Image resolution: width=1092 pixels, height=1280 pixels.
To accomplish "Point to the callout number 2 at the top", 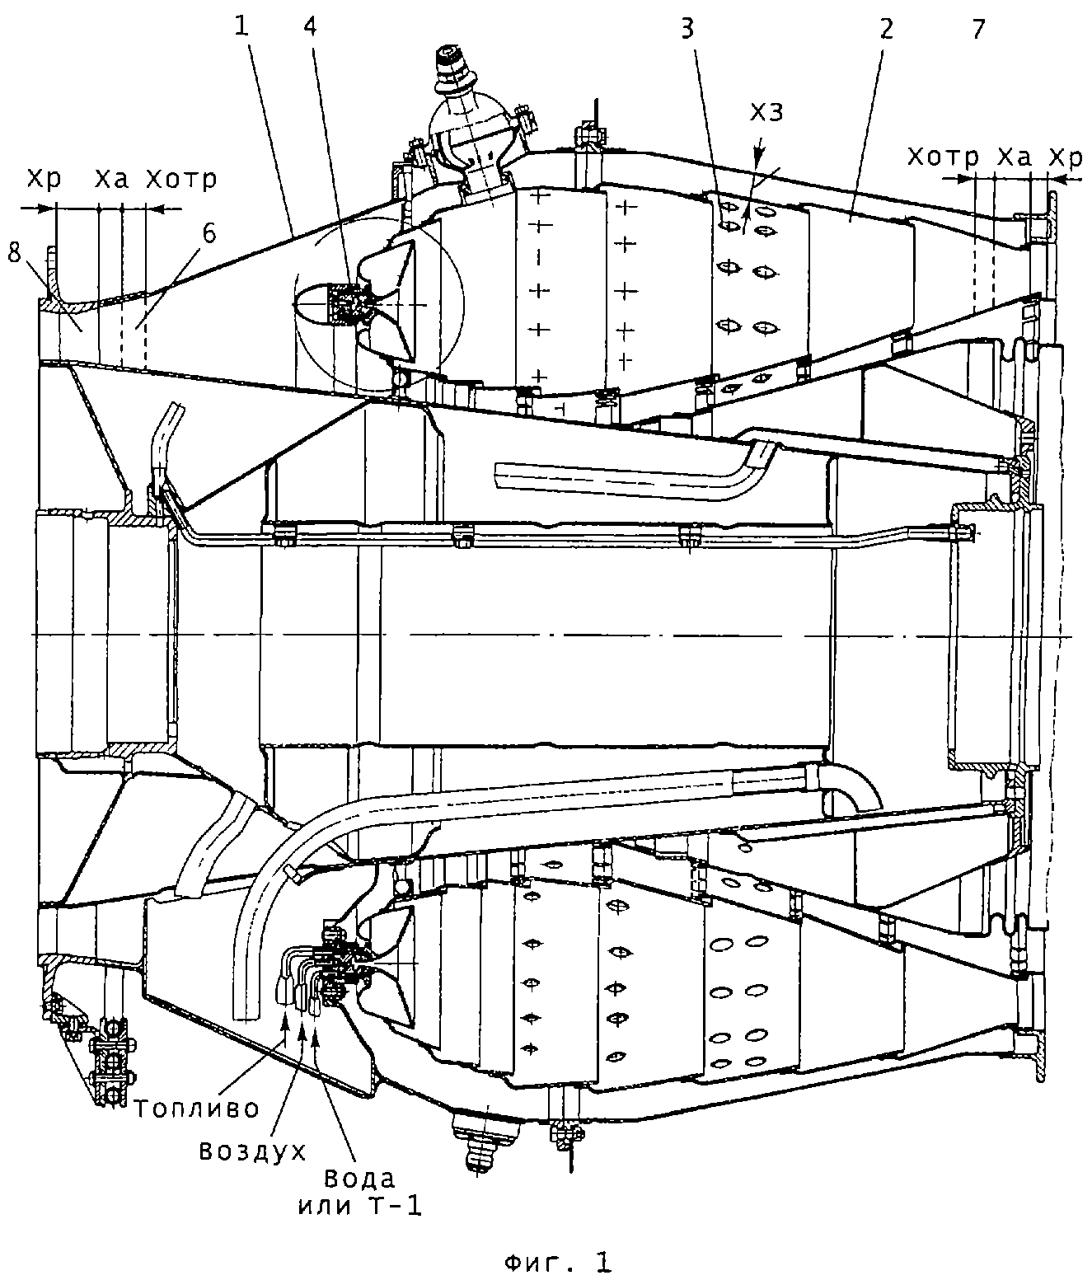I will [886, 29].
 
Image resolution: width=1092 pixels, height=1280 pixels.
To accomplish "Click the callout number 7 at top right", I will [978, 29].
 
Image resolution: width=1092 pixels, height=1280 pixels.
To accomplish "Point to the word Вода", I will [358, 1177].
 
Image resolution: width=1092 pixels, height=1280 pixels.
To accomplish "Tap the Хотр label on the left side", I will [181, 179].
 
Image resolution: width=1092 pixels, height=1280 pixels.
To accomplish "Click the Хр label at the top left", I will [43, 179].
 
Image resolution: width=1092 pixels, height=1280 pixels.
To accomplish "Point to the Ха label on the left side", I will [111, 179].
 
